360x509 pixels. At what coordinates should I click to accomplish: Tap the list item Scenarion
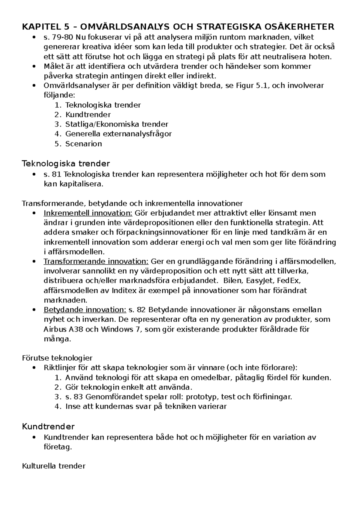coord(83,144)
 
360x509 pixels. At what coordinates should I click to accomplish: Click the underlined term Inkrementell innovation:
coord(88,213)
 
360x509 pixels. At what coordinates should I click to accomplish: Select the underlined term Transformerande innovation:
coord(96,261)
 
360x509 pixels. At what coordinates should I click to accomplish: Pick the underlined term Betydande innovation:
coord(85,310)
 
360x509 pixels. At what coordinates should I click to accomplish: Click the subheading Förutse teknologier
coord(57,358)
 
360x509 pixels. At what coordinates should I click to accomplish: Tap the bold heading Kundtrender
coord(48,426)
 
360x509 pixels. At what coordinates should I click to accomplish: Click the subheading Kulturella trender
coord(54,466)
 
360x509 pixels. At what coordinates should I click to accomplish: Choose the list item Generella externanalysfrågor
coord(118,134)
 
